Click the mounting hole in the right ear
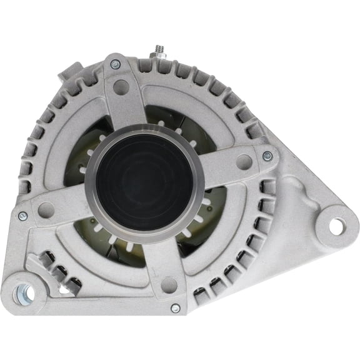click(336, 226)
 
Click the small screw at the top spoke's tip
click(115, 64)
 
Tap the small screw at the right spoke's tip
click(267, 156)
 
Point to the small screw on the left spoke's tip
click(23, 216)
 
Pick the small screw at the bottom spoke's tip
click(176, 308)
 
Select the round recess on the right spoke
click(244, 162)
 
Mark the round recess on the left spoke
click(46, 209)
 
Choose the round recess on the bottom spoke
click(169, 285)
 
